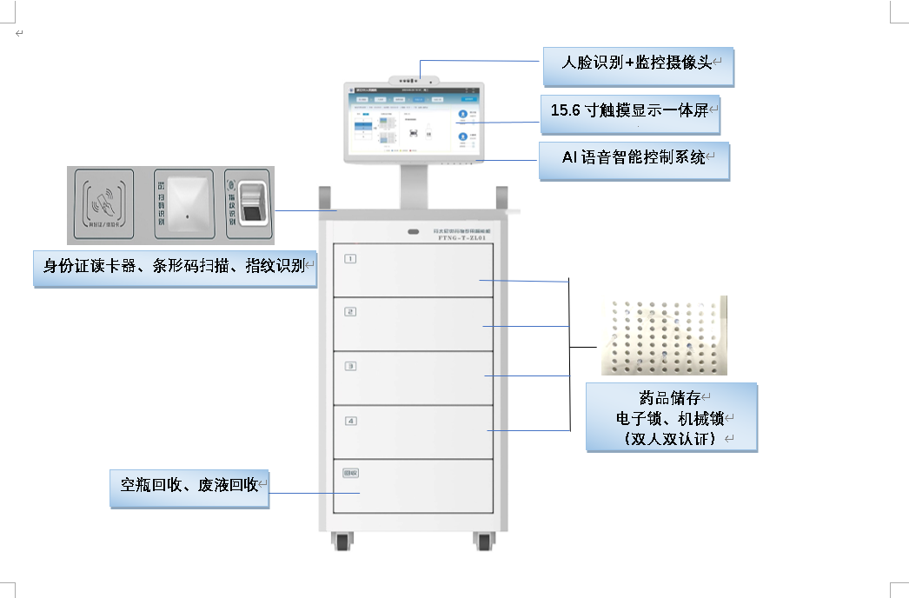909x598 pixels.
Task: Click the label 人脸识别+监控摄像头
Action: [x=638, y=63]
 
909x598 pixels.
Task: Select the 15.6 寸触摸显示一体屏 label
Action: [x=631, y=111]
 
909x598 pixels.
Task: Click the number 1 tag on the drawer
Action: [x=350, y=258]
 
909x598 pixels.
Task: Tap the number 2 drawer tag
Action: [x=350, y=311]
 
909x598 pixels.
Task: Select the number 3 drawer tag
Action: [x=350, y=366]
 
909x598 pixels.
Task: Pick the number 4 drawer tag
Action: [x=350, y=421]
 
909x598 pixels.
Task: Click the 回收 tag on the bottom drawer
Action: [x=351, y=474]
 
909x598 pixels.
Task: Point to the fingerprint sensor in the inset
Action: [x=253, y=205]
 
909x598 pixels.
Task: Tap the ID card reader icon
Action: [x=103, y=204]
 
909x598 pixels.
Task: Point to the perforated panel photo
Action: [x=663, y=336]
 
